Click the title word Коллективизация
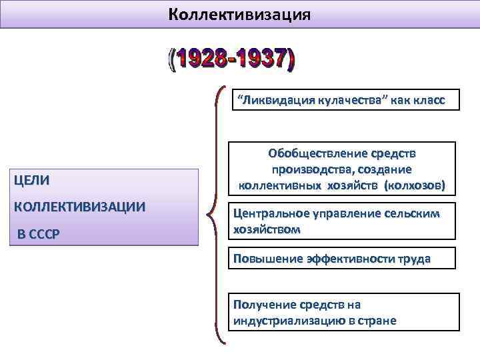coord(239,14)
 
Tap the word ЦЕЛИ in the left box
coord(31,180)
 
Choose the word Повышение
coord(262,259)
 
